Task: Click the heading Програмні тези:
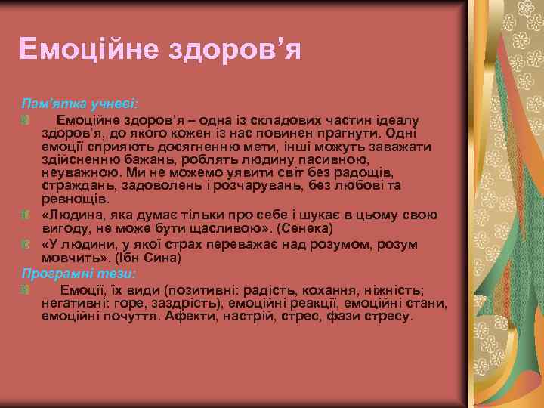[79, 274]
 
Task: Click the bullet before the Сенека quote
[26, 215]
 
